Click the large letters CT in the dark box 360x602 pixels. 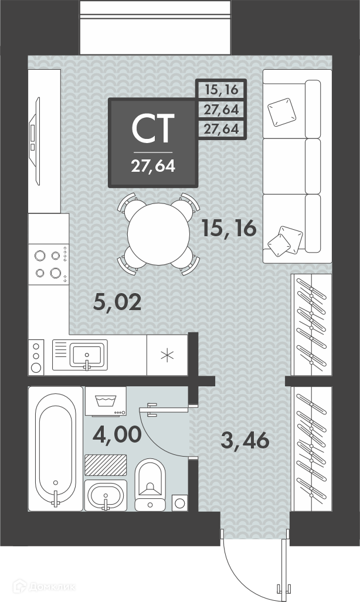(x=153, y=128)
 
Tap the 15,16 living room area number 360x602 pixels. (x=229, y=229)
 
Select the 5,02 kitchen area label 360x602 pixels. (x=118, y=303)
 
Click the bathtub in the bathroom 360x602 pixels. (x=56, y=448)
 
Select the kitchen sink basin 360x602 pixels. (x=86, y=355)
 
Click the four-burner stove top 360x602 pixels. (x=49, y=264)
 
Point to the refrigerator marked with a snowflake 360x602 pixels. (x=167, y=355)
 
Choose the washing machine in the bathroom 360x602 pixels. (x=106, y=401)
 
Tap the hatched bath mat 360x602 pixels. (x=106, y=465)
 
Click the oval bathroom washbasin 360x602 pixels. (x=105, y=495)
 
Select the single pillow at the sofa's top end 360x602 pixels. (x=282, y=112)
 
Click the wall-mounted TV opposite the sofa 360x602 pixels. (x=35, y=141)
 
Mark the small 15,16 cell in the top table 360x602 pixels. (x=221, y=90)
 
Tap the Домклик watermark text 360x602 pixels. (x=50, y=587)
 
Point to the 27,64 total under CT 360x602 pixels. (x=153, y=166)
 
